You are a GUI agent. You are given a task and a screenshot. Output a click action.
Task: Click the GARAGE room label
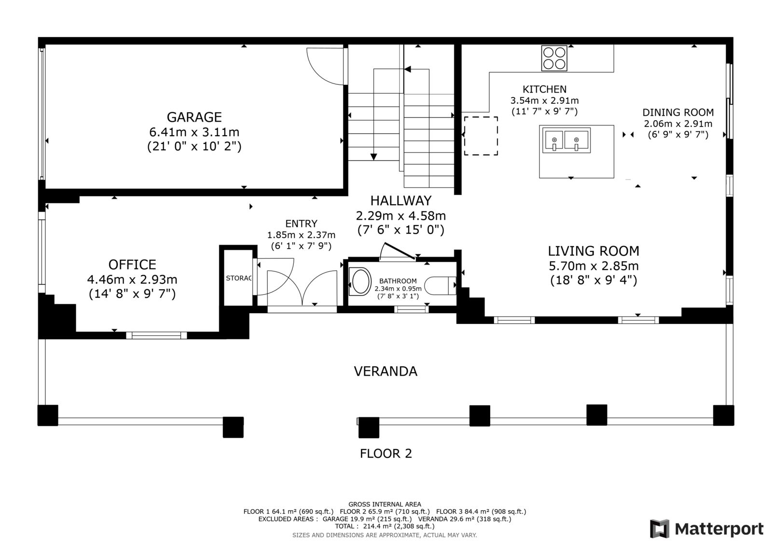point(194,117)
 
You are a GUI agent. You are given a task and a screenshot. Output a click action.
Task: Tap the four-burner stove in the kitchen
point(554,58)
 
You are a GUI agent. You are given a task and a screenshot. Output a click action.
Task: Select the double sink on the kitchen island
point(566,140)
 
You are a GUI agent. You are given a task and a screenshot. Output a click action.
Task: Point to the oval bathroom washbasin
point(360,281)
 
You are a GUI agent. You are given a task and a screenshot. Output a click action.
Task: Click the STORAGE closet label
point(239,278)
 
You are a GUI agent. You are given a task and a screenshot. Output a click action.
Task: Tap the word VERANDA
point(386,371)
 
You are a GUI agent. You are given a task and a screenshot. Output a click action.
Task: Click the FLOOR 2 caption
point(386,453)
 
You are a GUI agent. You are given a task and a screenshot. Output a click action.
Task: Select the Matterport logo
point(706,529)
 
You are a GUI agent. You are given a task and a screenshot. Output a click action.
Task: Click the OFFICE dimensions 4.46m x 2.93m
point(132,279)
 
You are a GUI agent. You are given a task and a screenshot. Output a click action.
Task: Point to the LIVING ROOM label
point(593,251)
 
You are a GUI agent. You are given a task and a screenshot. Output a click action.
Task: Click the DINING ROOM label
point(678,112)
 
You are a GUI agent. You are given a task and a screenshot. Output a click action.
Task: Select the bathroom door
point(400,251)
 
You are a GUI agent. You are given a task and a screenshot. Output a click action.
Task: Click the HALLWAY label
point(401,201)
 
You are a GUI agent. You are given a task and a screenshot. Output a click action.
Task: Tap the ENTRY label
point(301,224)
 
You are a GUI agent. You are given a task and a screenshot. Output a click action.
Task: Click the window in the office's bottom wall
point(156,335)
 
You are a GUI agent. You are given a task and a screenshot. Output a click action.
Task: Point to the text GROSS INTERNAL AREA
point(385,504)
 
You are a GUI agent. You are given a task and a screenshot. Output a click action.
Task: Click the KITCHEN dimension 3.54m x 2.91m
point(545,101)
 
